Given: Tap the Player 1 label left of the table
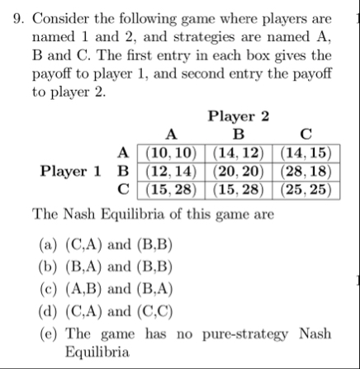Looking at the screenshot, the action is [72, 172].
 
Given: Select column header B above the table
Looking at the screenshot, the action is [239, 135].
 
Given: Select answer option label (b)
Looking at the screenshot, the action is [48, 267].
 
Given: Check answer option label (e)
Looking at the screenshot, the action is [48, 334].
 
